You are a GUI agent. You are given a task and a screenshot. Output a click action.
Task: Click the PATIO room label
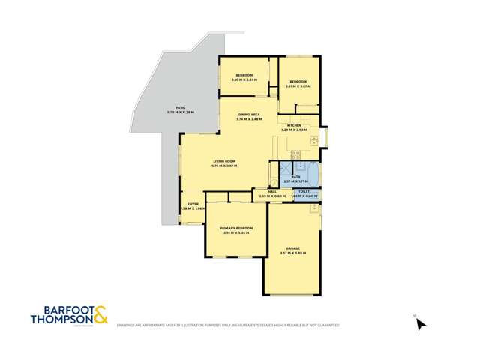tap(180, 108)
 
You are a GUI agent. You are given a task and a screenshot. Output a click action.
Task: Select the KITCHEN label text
tap(293, 125)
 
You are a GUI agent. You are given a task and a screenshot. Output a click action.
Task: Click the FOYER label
tap(193, 204)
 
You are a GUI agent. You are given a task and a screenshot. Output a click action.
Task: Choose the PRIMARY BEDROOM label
tap(235, 228)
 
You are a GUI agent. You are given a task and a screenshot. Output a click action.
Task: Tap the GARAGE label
tap(292, 248)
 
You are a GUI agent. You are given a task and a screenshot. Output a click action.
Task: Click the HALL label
tap(262, 192)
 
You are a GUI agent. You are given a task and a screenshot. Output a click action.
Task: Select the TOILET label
tap(304, 192)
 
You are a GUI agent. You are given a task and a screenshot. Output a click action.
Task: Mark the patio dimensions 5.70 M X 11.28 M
tap(180, 112)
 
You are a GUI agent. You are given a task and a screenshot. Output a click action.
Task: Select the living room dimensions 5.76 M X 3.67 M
tap(224, 166)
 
